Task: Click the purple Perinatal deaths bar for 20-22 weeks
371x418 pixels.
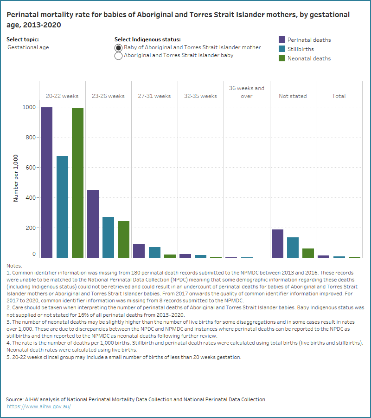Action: pyautogui.click(x=46, y=182)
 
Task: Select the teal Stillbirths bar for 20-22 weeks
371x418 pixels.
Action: pyautogui.click(x=62, y=207)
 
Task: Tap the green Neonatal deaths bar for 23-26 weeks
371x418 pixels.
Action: pyautogui.click(x=123, y=239)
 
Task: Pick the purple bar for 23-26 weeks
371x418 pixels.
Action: pyautogui.click(x=93, y=223)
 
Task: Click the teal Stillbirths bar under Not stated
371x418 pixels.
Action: pyautogui.click(x=293, y=247)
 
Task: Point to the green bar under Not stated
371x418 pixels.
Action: pyautogui.click(x=308, y=253)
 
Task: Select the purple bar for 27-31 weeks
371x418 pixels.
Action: pyautogui.click(x=139, y=250)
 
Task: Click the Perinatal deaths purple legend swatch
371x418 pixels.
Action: pyautogui.click(x=281, y=40)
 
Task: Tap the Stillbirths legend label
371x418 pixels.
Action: pyautogui.click(x=301, y=49)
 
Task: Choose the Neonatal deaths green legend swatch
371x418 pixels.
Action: pyautogui.click(x=281, y=59)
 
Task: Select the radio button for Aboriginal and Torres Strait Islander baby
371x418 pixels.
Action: pyautogui.click(x=118, y=56)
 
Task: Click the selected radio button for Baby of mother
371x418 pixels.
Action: pyautogui.click(x=118, y=48)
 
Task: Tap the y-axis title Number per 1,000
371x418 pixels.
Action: pyautogui.click(x=16, y=178)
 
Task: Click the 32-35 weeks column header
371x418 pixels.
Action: pyautogui.click(x=200, y=96)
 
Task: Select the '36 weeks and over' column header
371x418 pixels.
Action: pyautogui.click(x=246, y=92)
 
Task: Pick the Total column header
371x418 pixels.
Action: pyautogui.click(x=339, y=96)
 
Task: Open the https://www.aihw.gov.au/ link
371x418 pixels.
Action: pyautogui.click(x=39, y=406)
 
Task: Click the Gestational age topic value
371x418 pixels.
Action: pyautogui.click(x=28, y=47)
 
